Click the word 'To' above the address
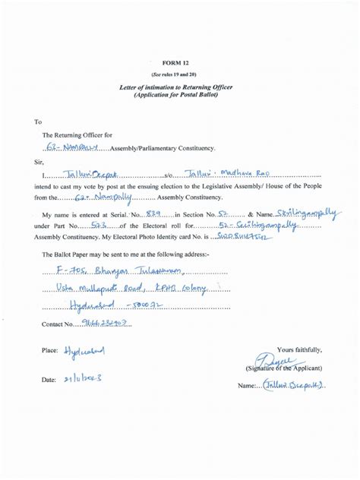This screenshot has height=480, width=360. (x=38, y=121)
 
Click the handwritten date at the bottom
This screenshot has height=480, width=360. (x=81, y=377)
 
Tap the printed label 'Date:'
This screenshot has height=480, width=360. (x=49, y=377)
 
